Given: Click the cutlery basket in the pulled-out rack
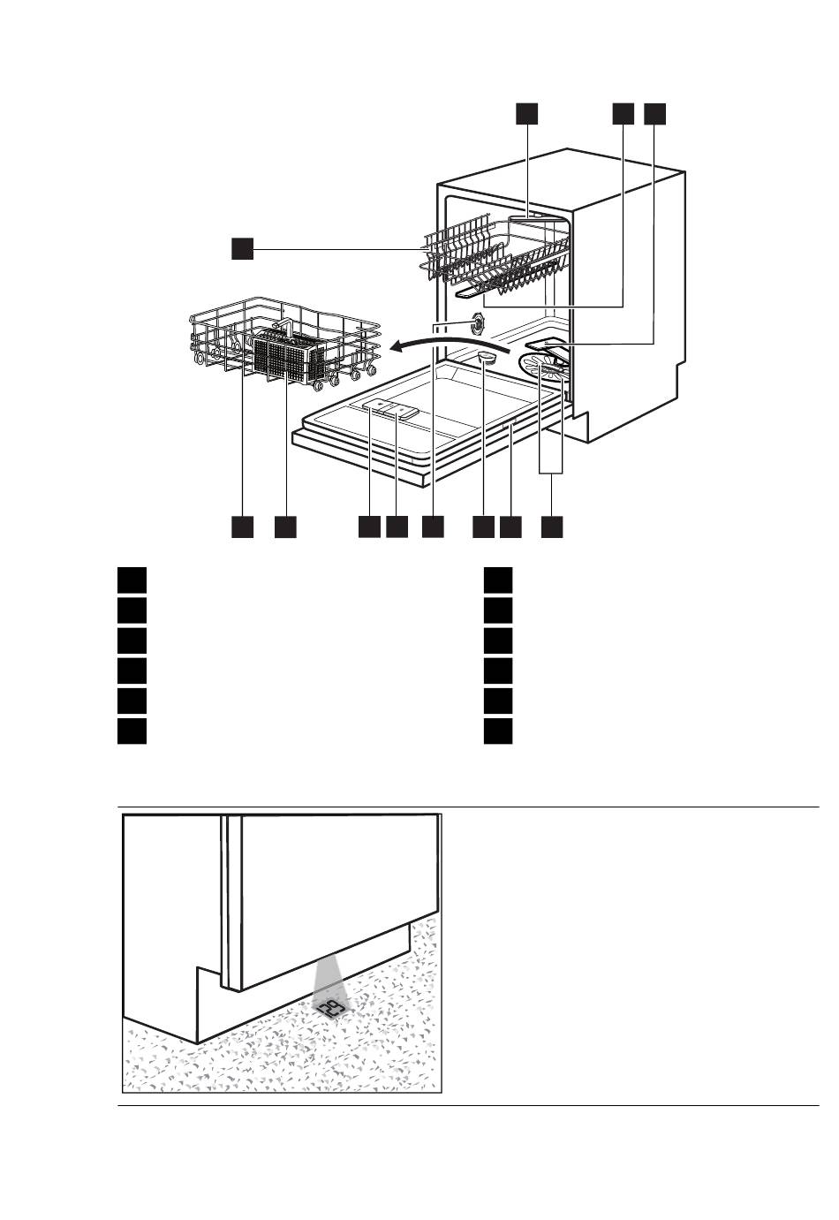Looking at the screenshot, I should (x=288, y=359).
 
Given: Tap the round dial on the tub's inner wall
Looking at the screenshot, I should (x=478, y=323).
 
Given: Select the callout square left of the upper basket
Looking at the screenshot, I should (x=243, y=248).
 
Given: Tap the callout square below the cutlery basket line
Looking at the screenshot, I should (x=285, y=527).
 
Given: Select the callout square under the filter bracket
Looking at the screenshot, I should (x=552, y=527).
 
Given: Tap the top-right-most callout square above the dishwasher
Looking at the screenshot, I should (x=654, y=114).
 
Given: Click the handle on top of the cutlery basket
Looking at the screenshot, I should (x=281, y=328).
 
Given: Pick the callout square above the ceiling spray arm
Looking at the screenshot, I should (x=526, y=114).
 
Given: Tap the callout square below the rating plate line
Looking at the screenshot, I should (x=511, y=527).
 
